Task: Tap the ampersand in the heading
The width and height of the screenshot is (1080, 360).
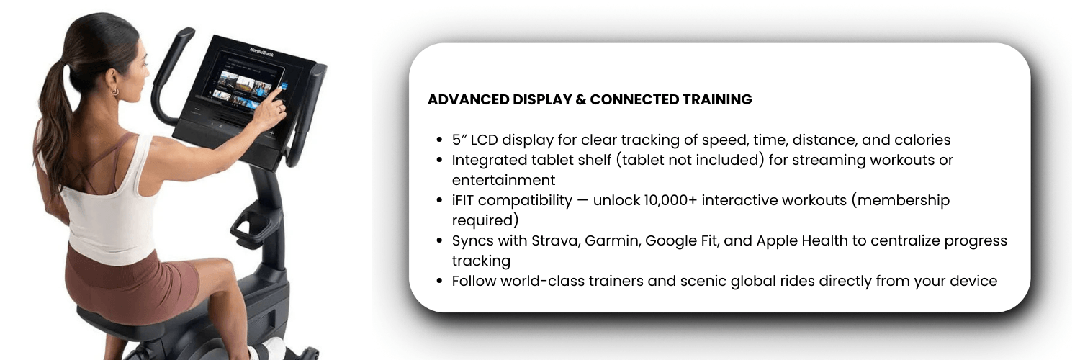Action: [x=581, y=99]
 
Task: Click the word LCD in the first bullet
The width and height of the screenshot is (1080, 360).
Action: [x=484, y=140]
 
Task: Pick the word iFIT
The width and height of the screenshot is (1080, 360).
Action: [x=463, y=200]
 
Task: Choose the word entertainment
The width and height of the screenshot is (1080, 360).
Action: [x=503, y=180]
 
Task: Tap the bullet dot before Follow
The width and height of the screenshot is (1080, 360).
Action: [x=439, y=281]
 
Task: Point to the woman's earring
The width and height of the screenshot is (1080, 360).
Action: [x=115, y=91]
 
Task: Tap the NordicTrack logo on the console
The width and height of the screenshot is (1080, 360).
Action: [x=262, y=52]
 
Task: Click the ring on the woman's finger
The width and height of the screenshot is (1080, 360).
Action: [x=279, y=109]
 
